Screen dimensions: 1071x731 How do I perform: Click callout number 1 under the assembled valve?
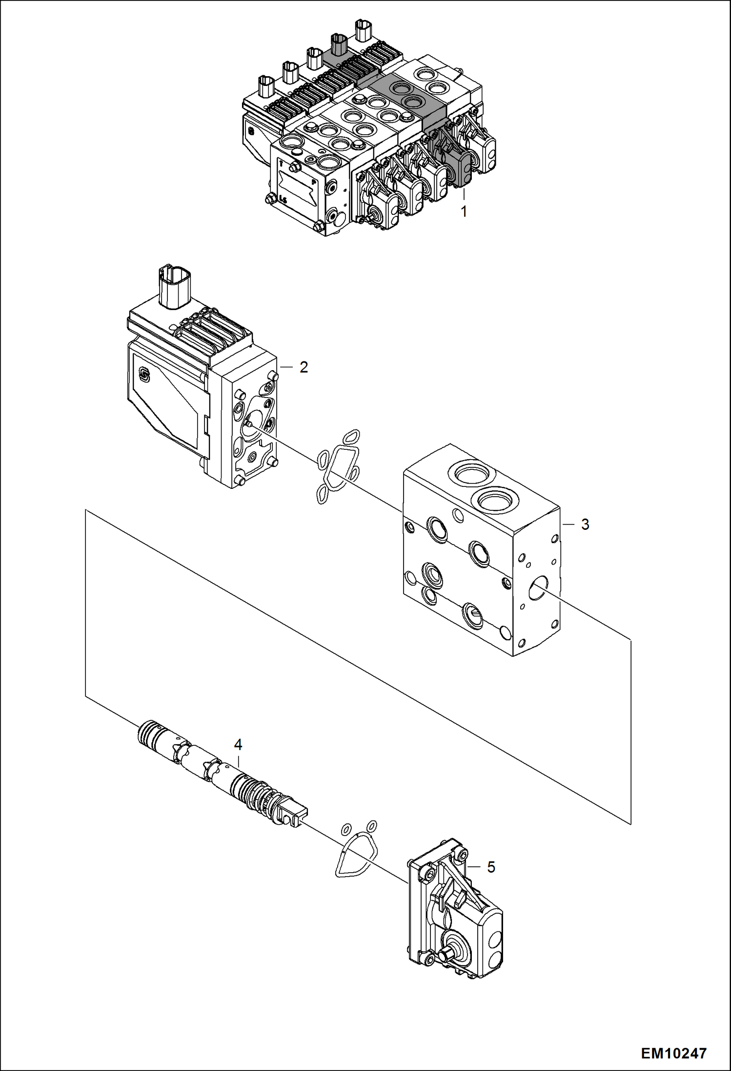(x=464, y=212)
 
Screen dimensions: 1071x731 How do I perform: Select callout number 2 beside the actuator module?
(x=304, y=367)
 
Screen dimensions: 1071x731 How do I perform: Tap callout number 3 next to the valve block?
(x=585, y=525)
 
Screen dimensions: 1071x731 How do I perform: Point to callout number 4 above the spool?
(x=238, y=745)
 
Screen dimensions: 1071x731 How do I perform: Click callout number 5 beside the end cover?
(x=491, y=867)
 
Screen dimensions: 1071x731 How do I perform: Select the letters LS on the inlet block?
(x=284, y=199)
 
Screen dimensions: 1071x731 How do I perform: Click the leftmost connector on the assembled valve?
(x=266, y=87)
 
